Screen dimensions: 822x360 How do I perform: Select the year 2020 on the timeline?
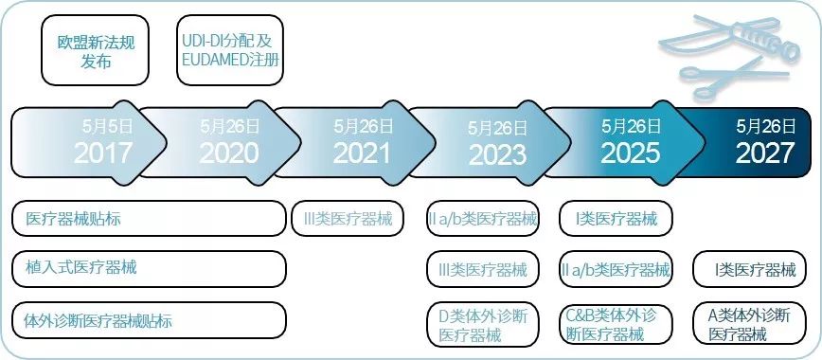(x=227, y=153)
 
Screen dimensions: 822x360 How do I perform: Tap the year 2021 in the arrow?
(x=361, y=153)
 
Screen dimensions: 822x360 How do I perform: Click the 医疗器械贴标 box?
(x=149, y=219)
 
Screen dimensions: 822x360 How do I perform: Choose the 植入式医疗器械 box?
(x=149, y=269)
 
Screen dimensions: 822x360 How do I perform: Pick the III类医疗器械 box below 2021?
(x=347, y=219)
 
